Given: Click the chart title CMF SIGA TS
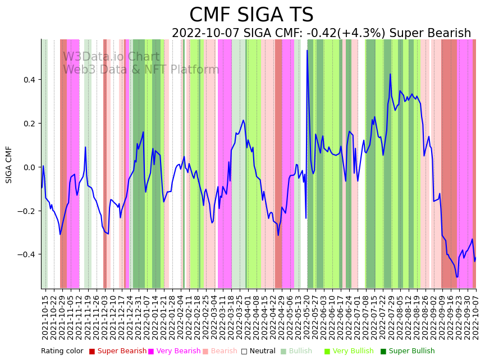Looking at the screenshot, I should [x=251, y=15].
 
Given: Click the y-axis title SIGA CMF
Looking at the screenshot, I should [x=9, y=165].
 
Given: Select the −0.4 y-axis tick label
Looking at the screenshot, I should [x=28, y=254].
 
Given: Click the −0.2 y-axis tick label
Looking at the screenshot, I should [x=28, y=211].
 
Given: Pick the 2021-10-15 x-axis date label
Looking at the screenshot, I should [x=45, y=317].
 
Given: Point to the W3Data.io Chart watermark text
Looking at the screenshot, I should [x=111, y=57].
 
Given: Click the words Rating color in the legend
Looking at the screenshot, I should [x=62, y=351].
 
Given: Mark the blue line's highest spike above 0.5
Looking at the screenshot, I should [x=307, y=51].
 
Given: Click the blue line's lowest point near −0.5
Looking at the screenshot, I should [x=457, y=277].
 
